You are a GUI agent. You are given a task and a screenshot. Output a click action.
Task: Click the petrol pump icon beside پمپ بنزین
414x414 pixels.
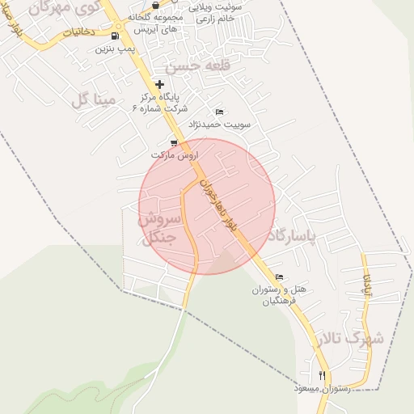(x=115, y=36)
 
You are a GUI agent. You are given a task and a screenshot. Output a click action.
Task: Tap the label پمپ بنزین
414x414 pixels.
(x=113, y=49)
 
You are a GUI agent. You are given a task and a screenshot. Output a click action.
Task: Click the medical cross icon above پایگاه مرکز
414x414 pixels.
(x=159, y=84)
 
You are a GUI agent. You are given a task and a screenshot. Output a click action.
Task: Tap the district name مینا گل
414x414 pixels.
(x=95, y=100)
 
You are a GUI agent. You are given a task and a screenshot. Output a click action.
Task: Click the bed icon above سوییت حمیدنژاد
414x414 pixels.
(x=219, y=112)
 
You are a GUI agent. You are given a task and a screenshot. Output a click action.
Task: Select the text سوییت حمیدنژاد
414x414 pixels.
(x=220, y=125)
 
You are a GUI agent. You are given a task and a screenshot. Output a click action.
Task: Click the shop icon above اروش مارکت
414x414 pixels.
(x=173, y=142)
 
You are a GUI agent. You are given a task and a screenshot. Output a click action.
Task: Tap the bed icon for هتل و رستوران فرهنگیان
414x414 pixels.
(x=280, y=277)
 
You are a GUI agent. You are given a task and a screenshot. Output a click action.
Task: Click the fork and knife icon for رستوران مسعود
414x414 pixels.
(x=323, y=375)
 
